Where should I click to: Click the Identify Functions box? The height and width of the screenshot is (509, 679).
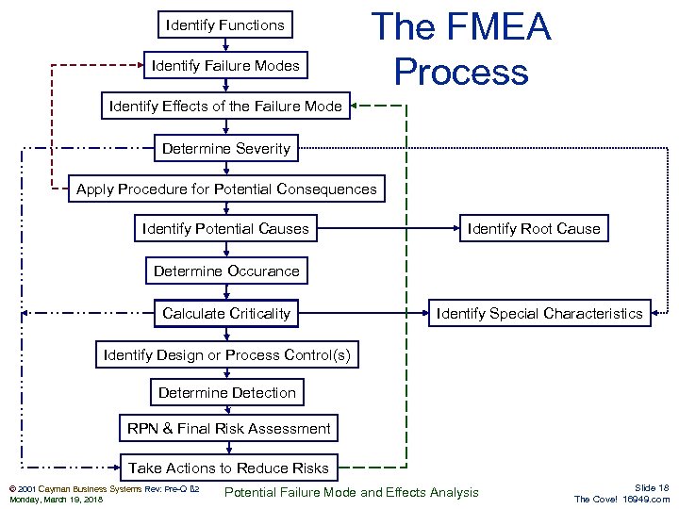coord(224,25)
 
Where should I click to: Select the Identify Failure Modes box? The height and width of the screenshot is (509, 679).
coord(225,66)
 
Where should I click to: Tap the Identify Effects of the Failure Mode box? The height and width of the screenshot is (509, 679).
coord(225,106)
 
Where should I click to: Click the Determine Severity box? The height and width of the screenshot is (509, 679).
coord(226,148)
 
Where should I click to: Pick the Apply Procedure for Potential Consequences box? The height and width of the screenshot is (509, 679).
coord(226,189)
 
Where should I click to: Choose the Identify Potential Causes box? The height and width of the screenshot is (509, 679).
coord(225,228)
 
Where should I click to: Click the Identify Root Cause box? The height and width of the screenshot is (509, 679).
coord(534,228)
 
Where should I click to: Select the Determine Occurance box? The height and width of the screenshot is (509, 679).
coord(226,271)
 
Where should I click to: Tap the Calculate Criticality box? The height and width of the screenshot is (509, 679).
coord(226,313)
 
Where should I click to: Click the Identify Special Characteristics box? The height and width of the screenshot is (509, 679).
coord(539,313)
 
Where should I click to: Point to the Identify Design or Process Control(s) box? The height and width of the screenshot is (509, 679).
coord(226,354)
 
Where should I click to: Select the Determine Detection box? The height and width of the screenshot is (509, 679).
coord(226,392)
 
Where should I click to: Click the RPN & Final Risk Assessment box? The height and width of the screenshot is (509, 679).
coord(229,428)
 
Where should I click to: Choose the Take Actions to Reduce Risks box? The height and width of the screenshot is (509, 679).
coord(228,468)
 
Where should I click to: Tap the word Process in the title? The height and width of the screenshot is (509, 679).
coord(461,72)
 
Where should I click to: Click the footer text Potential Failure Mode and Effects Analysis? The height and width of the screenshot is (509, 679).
coord(352,492)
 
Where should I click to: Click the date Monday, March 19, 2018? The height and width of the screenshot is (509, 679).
coord(56,499)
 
